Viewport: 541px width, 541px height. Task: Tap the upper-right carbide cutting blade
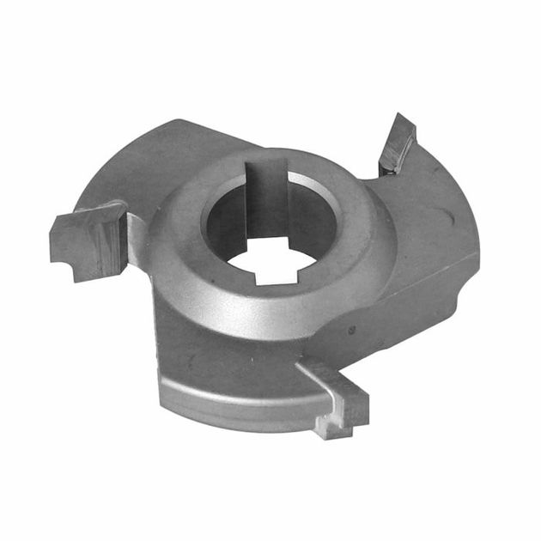[x=397, y=144]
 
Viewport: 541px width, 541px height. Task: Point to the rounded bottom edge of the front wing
[x=240, y=421]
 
